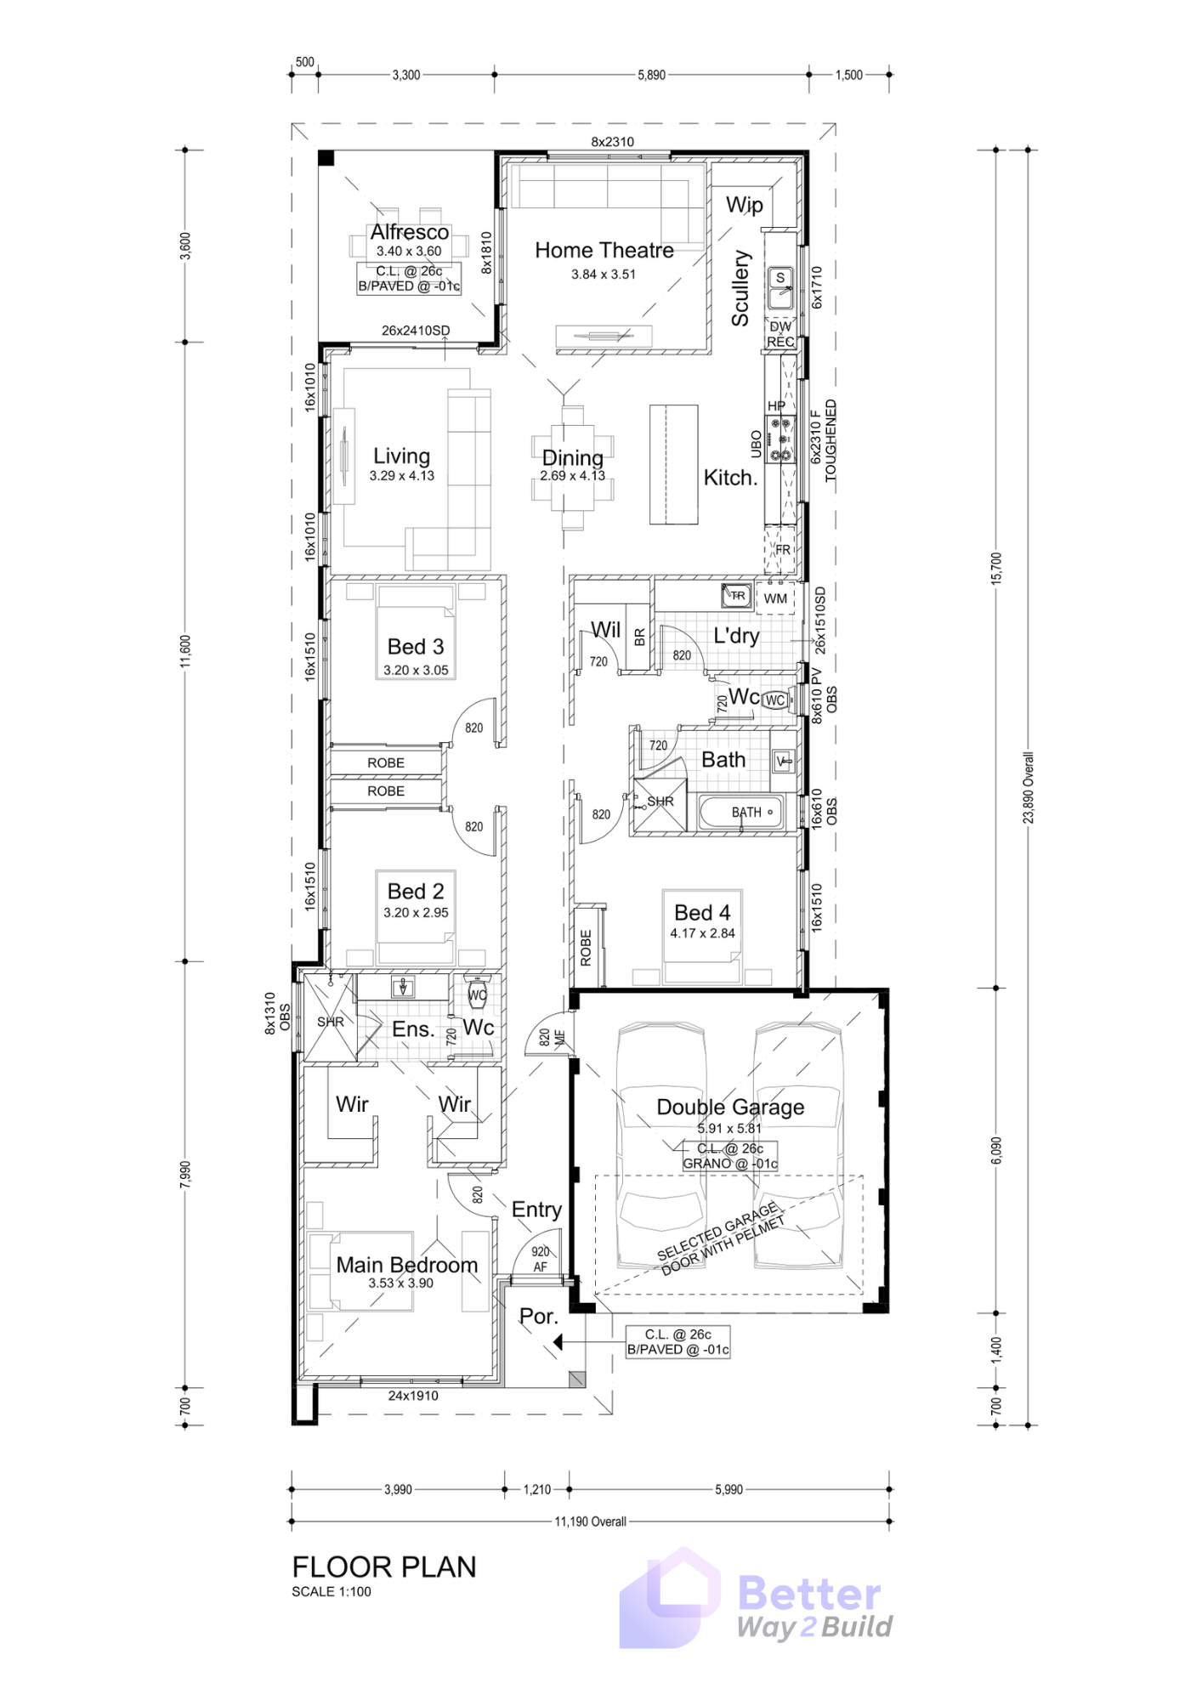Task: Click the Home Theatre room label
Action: tap(604, 251)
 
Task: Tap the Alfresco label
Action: tap(410, 232)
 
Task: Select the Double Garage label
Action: tap(730, 1107)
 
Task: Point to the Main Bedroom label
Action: tap(407, 1265)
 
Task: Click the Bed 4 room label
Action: tap(702, 913)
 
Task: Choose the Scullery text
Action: tap(740, 288)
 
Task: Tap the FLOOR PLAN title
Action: tap(384, 1567)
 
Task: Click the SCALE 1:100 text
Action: tap(332, 1592)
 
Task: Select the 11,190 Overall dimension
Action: tap(591, 1521)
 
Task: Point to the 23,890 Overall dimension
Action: tap(1029, 787)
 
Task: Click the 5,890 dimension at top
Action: tap(652, 75)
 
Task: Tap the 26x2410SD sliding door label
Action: tap(416, 331)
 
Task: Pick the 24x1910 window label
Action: tap(413, 1396)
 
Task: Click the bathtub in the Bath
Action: tap(740, 813)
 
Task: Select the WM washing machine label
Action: tap(775, 598)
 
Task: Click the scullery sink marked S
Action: tap(780, 288)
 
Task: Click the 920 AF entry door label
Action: tap(541, 1260)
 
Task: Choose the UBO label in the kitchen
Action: tap(757, 444)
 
